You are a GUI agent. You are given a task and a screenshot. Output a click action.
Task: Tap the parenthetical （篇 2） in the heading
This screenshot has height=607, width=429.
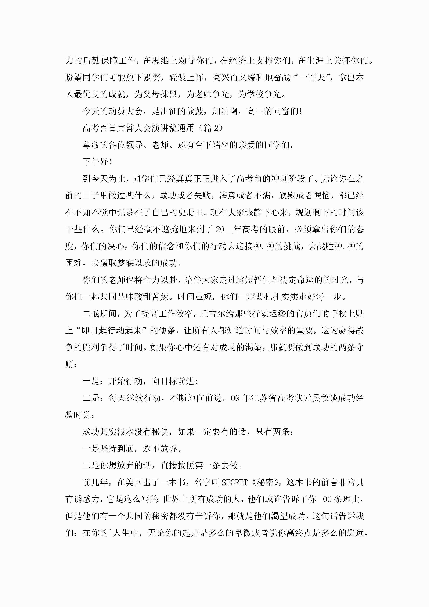pos(210,128)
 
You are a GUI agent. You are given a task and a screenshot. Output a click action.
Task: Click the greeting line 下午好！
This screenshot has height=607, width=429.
pos(98,162)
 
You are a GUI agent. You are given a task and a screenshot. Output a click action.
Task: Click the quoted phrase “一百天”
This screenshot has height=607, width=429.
pos(313,78)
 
